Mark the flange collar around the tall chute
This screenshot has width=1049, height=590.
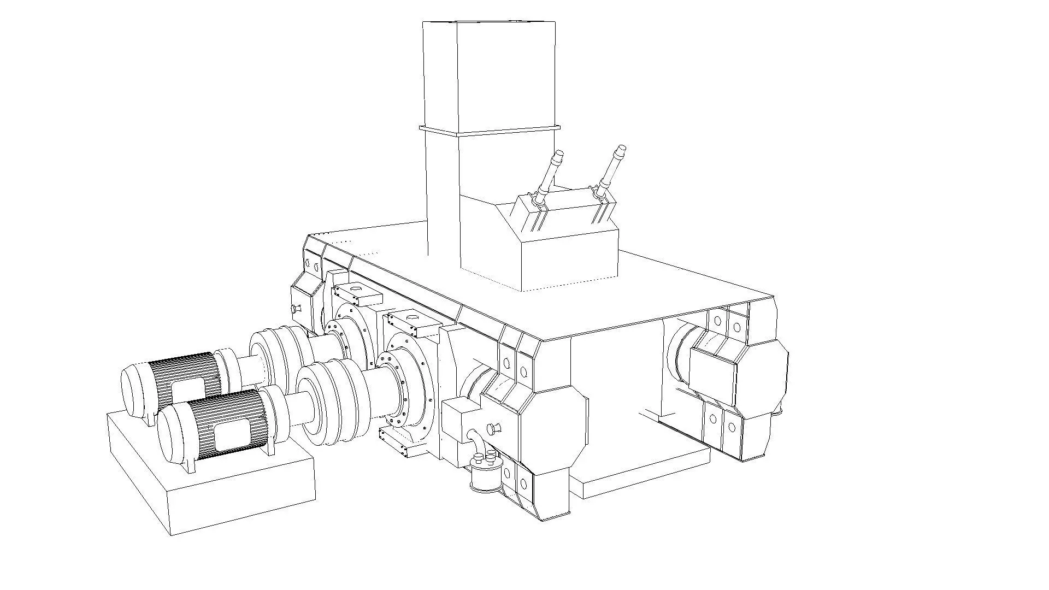point(489,130)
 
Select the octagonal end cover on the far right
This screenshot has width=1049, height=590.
point(762,377)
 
